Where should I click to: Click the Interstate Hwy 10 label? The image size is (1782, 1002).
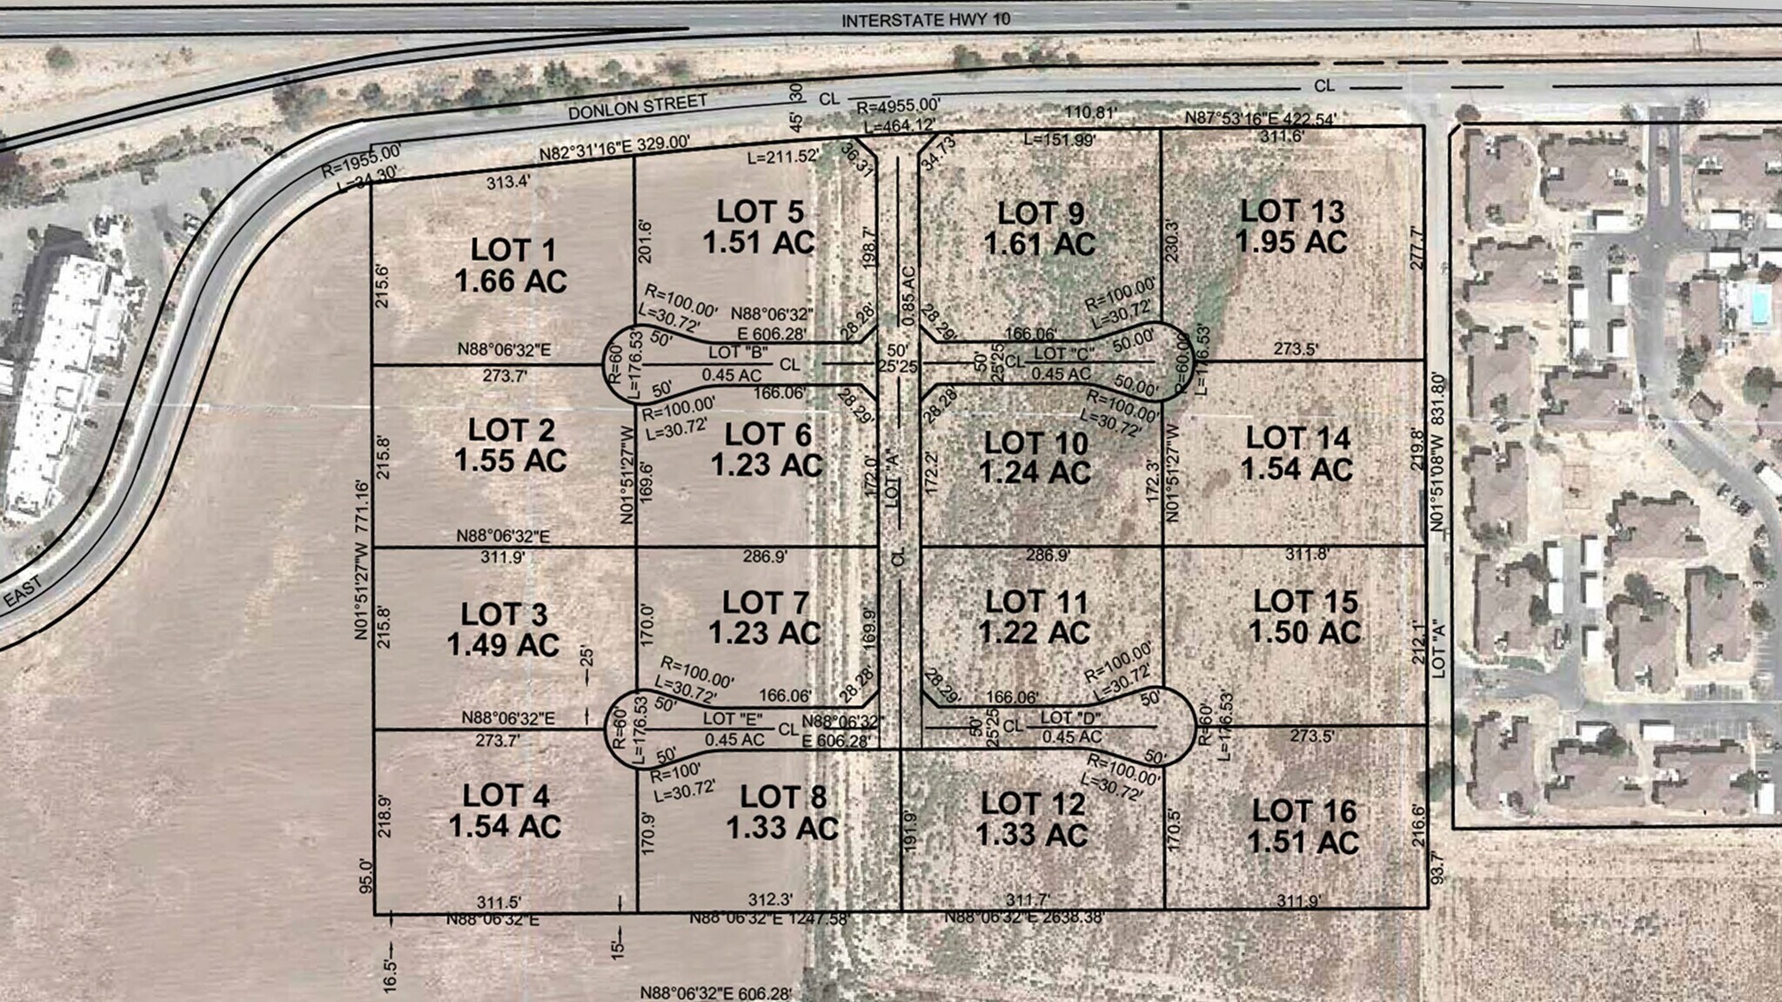(925, 19)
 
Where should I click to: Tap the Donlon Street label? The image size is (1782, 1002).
(638, 107)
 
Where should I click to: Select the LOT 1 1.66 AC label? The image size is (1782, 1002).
(512, 266)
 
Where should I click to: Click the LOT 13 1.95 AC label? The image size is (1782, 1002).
(1292, 226)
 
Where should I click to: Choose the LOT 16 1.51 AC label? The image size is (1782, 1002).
(1303, 827)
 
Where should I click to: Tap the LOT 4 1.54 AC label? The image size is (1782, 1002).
(506, 810)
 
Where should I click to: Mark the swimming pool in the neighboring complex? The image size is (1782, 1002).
(1759, 304)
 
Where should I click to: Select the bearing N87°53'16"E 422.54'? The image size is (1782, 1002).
(1261, 118)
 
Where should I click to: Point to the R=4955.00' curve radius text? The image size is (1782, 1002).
(898, 107)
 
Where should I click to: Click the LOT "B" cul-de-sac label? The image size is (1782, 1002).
(738, 353)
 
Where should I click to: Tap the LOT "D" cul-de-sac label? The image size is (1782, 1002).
(1070, 718)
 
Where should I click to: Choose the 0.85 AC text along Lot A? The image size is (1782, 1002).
(908, 296)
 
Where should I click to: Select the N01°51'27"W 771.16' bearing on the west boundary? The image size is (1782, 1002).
(361, 560)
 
